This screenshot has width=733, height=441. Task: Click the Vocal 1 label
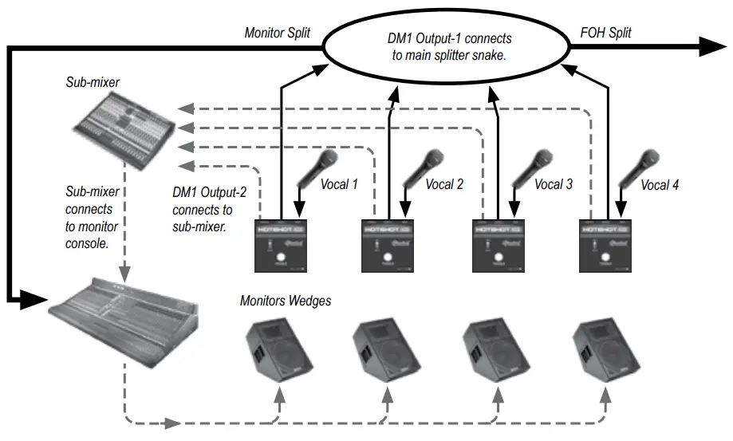pos(339,184)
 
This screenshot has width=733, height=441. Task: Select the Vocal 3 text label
pos(554,184)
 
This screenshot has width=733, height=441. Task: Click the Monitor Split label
pos(278,33)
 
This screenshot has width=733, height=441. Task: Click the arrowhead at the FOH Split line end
pos(714,47)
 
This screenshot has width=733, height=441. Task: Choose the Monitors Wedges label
pos(286,301)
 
